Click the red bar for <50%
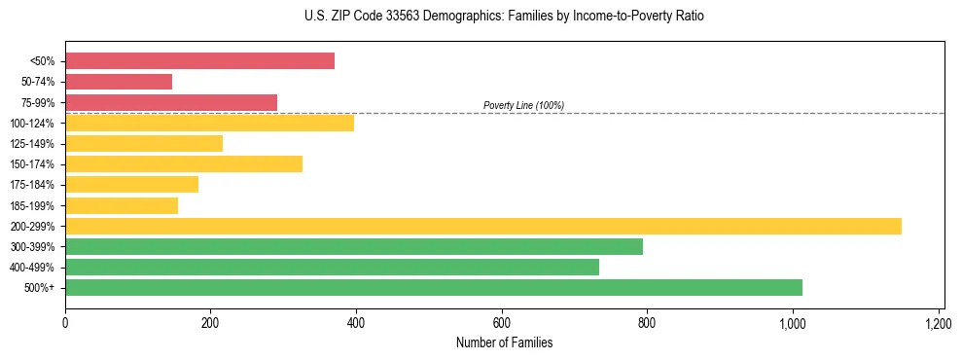point(199,61)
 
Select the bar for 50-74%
point(119,82)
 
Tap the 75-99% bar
point(171,102)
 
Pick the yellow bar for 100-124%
point(209,123)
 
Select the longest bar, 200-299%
point(483,226)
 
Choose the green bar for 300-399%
point(354,246)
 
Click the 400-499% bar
point(332,267)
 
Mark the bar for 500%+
point(434,287)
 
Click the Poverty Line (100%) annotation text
point(523,105)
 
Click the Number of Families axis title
point(504,342)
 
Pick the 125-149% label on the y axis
point(32,144)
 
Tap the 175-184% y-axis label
point(32,185)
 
